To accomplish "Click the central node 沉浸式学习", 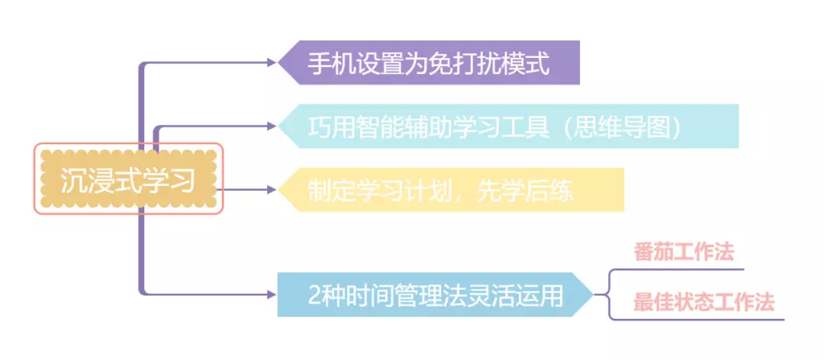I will click(x=128, y=178).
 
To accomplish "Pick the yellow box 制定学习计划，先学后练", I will click(x=450, y=189).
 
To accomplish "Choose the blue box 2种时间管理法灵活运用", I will click(x=435, y=294).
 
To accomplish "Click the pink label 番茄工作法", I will click(x=684, y=252).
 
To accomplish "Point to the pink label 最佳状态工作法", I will click(x=703, y=302).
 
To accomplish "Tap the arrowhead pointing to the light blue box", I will click(x=272, y=125).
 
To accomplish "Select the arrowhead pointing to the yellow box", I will click(x=272, y=188).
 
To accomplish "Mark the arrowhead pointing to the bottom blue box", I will click(x=272, y=294).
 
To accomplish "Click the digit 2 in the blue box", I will click(x=315, y=294).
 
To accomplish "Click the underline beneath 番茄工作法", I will click(x=687, y=269).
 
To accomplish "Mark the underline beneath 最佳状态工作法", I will click(x=702, y=318).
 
